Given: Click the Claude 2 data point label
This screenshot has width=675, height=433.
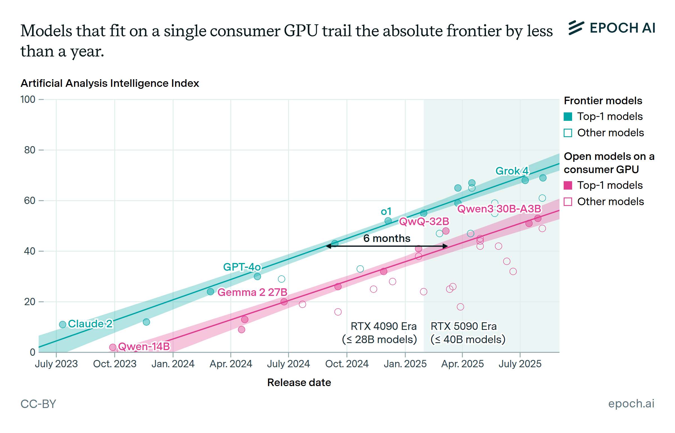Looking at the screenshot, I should (x=90, y=324).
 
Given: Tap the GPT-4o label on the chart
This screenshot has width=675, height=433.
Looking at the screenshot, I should (x=242, y=267).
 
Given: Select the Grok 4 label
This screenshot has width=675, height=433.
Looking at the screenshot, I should (x=512, y=171).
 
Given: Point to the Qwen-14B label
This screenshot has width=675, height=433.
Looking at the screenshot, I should (x=144, y=346).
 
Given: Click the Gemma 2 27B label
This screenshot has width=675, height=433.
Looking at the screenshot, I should (x=252, y=292).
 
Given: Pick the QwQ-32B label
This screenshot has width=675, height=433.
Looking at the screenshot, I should (x=424, y=221).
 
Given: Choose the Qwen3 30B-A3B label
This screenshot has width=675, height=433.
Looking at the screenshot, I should (x=499, y=208).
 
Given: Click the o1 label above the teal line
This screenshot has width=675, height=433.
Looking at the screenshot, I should (x=386, y=211).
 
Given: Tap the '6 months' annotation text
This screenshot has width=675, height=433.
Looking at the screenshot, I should (x=387, y=239).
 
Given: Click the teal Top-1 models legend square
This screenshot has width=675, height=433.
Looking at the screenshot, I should (x=568, y=116).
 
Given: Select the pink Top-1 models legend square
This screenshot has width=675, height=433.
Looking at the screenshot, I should (x=568, y=185).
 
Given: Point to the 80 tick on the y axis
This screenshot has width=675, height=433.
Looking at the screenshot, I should (x=30, y=150).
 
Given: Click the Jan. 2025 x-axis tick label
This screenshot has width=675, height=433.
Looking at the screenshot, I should (x=405, y=364).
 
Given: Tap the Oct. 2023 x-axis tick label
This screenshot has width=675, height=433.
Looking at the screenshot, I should (x=114, y=364).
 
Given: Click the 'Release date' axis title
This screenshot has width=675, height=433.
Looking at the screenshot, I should (x=299, y=382).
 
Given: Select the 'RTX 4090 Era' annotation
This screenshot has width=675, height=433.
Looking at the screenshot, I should (x=383, y=326).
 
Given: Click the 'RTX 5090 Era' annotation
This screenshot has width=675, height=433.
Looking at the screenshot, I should (x=463, y=326).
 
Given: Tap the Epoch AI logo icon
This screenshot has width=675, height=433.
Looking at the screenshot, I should (x=576, y=28).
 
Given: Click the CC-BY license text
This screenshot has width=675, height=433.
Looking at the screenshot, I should (x=38, y=404).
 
